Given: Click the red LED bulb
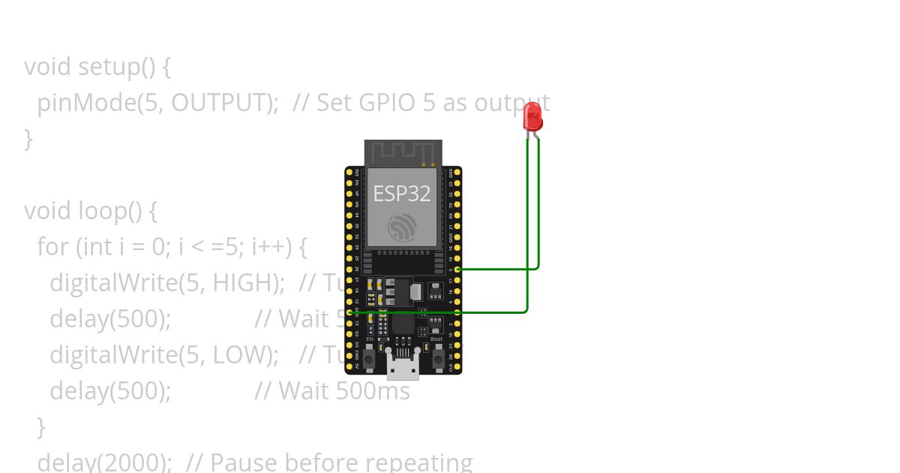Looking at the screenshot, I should coord(532,116).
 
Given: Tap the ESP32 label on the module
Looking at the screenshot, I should coord(402,194).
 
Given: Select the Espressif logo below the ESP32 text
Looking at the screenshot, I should coord(402,227).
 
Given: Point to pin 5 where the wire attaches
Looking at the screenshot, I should coord(457,268).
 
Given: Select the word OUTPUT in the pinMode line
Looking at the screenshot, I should coord(224,103).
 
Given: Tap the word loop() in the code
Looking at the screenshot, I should coord(110,211).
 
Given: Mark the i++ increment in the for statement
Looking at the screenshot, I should coord(268,247).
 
